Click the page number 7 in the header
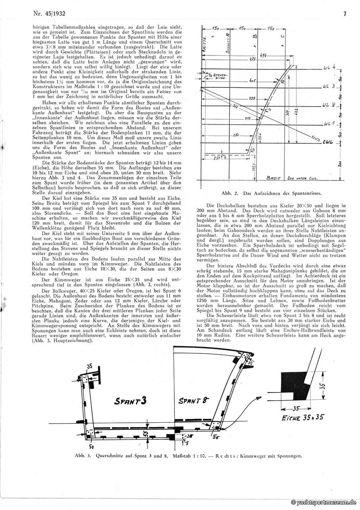tap(344, 14)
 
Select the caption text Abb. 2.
tap(232, 193)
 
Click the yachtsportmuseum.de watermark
tap(325, 502)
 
